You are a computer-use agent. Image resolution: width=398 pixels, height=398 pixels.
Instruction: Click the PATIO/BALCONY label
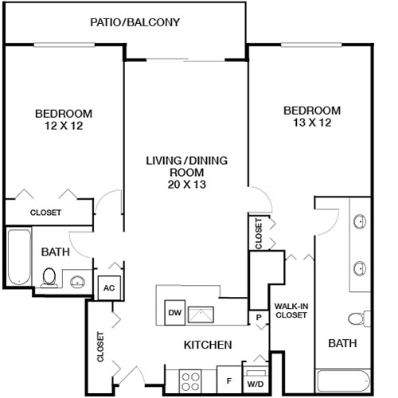pyautogui.click(x=134, y=21)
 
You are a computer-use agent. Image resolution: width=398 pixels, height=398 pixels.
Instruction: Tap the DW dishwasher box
pyautogui.click(x=174, y=314)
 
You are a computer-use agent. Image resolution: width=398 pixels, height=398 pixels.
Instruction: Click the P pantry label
pyautogui.click(x=259, y=316)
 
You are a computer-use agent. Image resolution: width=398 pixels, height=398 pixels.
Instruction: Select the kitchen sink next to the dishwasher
pyautogui.click(x=204, y=314)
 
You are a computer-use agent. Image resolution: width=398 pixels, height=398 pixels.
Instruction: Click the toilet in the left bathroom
pyautogui.click(x=49, y=278)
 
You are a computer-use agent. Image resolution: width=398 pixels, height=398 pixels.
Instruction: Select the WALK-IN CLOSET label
pyautogui.click(x=291, y=310)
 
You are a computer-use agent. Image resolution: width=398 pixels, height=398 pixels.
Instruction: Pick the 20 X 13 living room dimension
pyautogui.click(x=186, y=185)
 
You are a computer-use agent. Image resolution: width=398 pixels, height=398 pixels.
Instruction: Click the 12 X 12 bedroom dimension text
pyautogui.click(x=64, y=126)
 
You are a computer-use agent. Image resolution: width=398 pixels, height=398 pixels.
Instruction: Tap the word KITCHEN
pyautogui.click(x=208, y=345)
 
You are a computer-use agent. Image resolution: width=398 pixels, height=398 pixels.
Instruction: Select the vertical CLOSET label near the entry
pyautogui.click(x=101, y=347)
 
